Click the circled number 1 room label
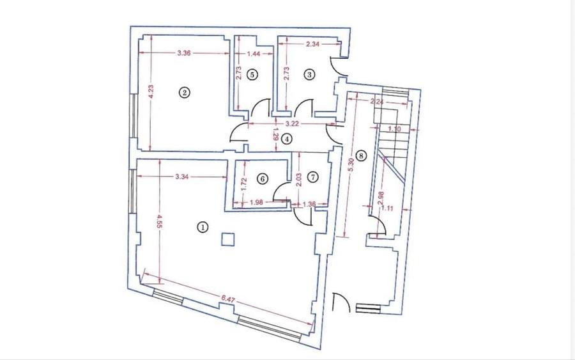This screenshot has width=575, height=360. pyautogui.click(x=203, y=227)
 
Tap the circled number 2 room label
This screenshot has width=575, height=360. pyautogui.click(x=185, y=92)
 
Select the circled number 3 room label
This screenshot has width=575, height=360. pyautogui.click(x=309, y=75)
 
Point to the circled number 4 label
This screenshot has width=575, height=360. pyautogui.click(x=287, y=139)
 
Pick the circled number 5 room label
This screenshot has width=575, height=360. pyautogui.click(x=252, y=75)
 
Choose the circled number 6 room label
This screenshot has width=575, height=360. pyautogui.click(x=262, y=178)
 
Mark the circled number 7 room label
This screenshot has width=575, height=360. pyautogui.click(x=312, y=177)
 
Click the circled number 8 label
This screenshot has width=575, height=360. pyautogui.click(x=361, y=155)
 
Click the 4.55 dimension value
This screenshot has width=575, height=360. pyautogui.click(x=160, y=222)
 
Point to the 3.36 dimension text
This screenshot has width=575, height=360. pyautogui.click(x=184, y=53)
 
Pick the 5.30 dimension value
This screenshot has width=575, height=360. pyautogui.click(x=351, y=165)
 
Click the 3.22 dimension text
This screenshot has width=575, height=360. pyautogui.click(x=292, y=123)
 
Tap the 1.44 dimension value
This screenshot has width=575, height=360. pyautogui.click(x=254, y=54)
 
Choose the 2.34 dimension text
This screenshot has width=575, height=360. pyautogui.click(x=313, y=44)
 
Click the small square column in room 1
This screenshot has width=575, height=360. pyautogui.click(x=228, y=240)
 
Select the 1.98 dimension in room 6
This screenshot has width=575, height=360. pyautogui.click(x=256, y=202)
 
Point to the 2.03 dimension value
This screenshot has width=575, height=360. pyautogui.click(x=299, y=180)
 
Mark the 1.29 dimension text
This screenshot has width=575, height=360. pyautogui.click(x=277, y=134)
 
